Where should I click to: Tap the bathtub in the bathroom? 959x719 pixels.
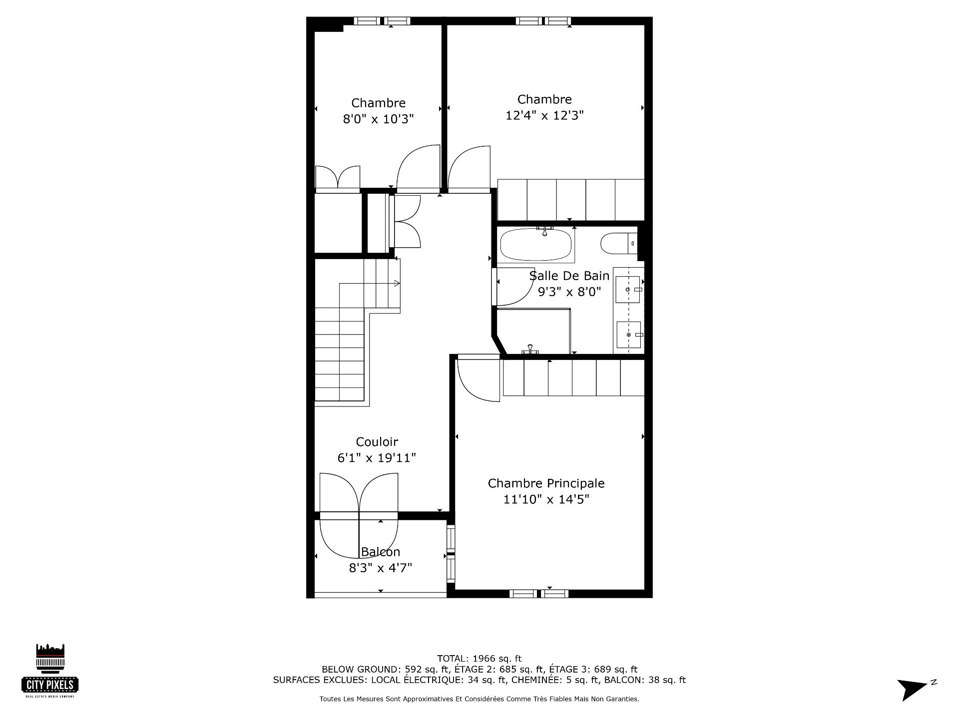tap(537, 245)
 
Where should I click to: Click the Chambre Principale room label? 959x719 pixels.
tap(546, 483)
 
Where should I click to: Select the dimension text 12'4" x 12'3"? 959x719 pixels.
tap(544, 115)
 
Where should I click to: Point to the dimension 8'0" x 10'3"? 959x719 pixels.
tap(378, 119)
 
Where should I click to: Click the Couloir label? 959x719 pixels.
tap(377, 442)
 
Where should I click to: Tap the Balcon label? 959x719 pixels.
tap(381, 552)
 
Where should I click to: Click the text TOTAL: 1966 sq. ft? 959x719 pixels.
tap(479, 659)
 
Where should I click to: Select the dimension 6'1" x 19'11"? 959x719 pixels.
tap(377, 458)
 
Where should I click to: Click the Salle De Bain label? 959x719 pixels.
tap(569, 276)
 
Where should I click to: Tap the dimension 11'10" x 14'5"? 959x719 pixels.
tap(546, 499)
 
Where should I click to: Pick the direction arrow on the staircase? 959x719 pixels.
tap(370, 284)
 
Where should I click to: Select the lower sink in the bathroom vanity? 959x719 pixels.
tap(629, 335)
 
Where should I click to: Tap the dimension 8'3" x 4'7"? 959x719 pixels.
tap(381, 568)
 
